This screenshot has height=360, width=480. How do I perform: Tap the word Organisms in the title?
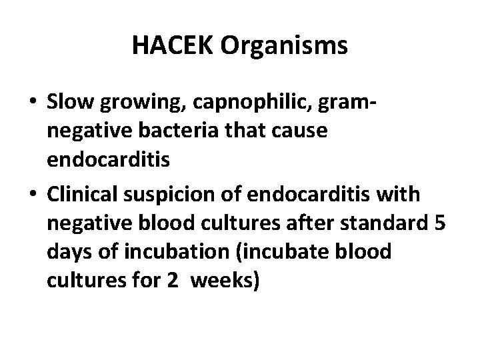pyautogui.click(x=283, y=46)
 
